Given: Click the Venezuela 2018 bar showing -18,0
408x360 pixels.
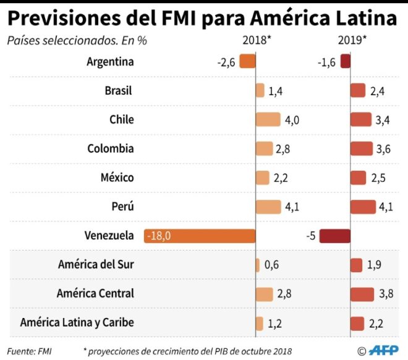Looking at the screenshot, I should (200, 236).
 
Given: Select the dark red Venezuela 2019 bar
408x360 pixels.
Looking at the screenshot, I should (335, 236).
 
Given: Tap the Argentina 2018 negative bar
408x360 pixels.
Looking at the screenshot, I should (247, 62).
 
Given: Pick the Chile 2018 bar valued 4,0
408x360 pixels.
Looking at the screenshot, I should (268, 120).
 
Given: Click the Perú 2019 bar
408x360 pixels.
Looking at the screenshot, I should (363, 207).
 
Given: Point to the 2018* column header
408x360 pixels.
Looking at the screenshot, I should (256, 41).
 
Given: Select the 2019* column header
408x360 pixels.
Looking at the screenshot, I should (352, 41).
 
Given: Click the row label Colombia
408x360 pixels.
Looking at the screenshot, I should (110, 148).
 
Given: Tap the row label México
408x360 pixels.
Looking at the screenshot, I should (117, 178).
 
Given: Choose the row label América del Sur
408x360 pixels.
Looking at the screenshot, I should (96, 264).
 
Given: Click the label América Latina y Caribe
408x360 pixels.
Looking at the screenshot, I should (77, 322).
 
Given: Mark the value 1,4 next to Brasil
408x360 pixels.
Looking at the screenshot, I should (275, 91).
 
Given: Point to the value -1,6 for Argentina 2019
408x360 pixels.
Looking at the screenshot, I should (326, 62).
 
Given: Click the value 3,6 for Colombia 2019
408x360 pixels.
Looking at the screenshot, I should (383, 149).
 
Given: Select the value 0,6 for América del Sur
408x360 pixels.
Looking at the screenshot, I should (271, 265).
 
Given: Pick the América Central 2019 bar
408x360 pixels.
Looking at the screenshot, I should (362, 294).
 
